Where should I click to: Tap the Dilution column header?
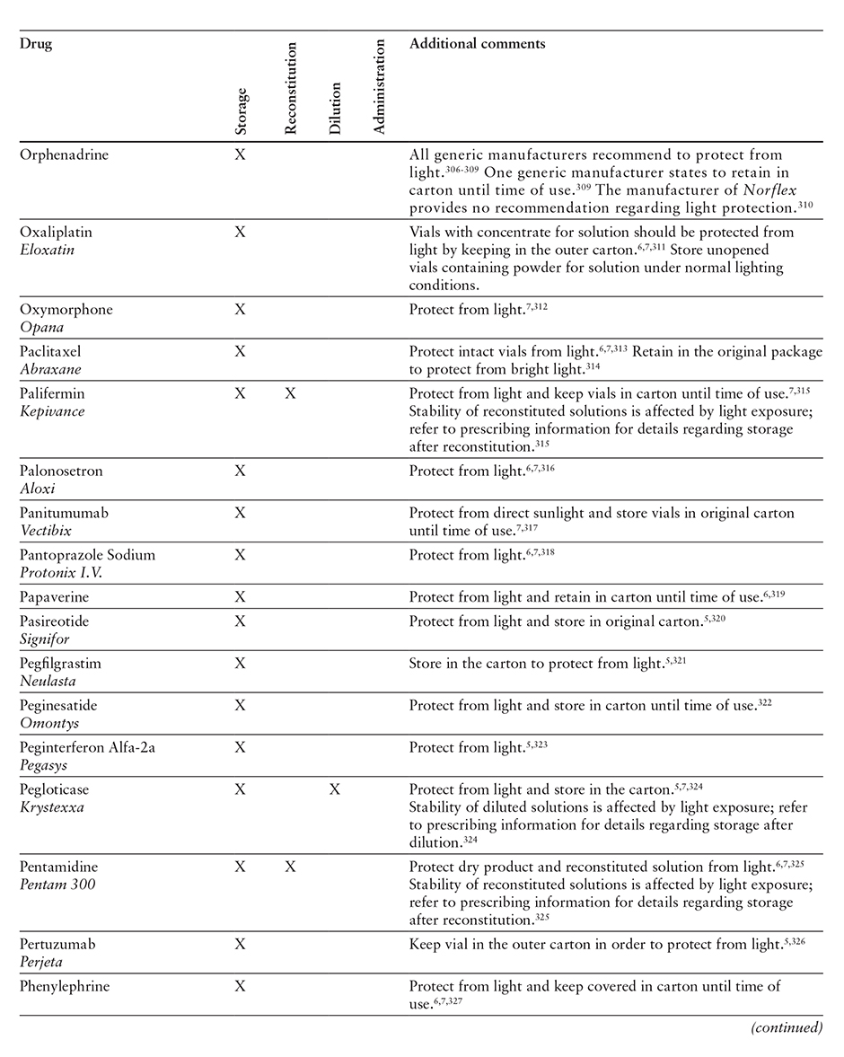point(335,108)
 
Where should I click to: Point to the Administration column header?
point(378,86)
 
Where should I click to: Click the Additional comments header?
point(477,43)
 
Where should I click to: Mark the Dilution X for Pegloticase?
point(335,789)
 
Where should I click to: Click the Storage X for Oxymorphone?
point(240,309)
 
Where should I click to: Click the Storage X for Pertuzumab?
point(240,944)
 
